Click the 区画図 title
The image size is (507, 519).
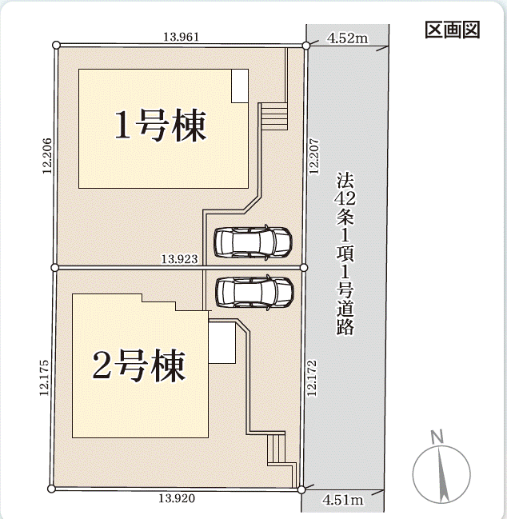[452, 30]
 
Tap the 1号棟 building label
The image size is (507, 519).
[161, 125]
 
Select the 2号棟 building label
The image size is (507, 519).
[138, 365]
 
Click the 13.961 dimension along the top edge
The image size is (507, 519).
[182, 37]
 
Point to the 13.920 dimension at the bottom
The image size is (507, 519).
[177, 498]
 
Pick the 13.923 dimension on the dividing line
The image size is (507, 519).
[179, 259]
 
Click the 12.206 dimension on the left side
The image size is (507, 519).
[47, 156]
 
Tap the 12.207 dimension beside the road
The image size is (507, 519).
[314, 156]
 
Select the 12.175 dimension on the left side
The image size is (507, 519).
[44, 377]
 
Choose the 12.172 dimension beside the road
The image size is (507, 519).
[312, 378]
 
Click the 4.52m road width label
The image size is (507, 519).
[348, 38]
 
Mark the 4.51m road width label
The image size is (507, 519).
[343, 500]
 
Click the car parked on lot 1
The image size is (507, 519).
[253, 242]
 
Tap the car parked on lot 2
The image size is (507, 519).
[254, 292]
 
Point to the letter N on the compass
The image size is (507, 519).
[437, 437]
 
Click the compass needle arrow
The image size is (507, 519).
[441, 474]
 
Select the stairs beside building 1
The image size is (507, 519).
[274, 116]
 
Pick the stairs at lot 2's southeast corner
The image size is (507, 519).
[277, 449]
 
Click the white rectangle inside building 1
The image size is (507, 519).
[240, 86]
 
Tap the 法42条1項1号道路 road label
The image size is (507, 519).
[345, 253]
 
